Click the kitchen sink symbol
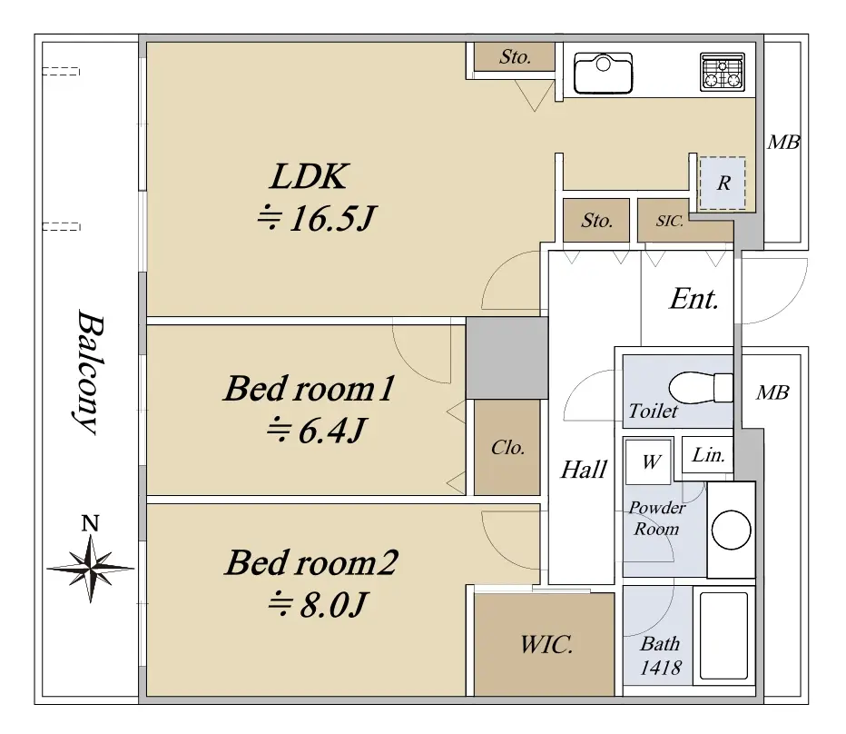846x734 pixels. click(603, 73)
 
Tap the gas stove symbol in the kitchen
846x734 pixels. click(723, 72)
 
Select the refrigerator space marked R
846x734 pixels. click(723, 183)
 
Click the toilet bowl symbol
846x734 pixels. click(701, 388)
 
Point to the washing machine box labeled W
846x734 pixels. click(648, 461)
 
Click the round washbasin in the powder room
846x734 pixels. click(731, 530)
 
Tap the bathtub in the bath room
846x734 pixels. click(723, 636)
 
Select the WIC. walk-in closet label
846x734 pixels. click(546, 645)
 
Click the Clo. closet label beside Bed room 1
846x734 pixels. click(507, 448)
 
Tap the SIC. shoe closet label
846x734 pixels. click(670, 221)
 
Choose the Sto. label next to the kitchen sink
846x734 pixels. click(515, 56)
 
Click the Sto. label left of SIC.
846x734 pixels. click(596, 221)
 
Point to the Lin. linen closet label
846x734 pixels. click(708, 455)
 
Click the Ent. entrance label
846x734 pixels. click(694, 299)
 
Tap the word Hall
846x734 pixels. click(584, 470)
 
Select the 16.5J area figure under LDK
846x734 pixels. click(316, 219)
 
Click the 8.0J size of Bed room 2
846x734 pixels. click(318, 604)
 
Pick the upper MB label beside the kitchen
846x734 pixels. click(784, 143)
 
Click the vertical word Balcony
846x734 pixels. click(88, 372)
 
